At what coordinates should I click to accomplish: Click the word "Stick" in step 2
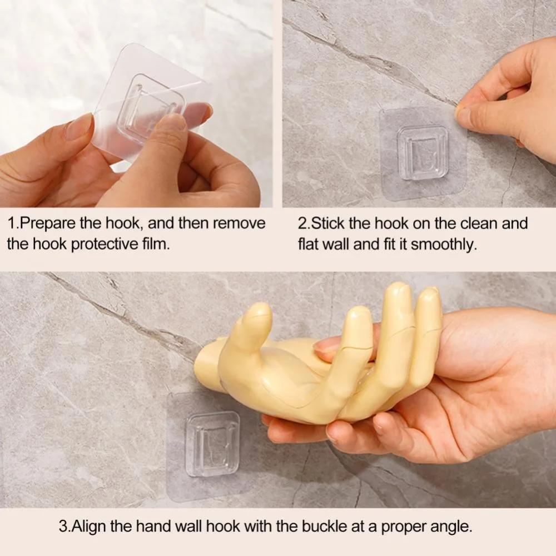pos(328,224)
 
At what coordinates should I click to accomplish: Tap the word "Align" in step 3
pos(88,527)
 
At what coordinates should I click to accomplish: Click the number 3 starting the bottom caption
pos(62,527)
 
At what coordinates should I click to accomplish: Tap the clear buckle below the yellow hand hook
pos(212,444)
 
